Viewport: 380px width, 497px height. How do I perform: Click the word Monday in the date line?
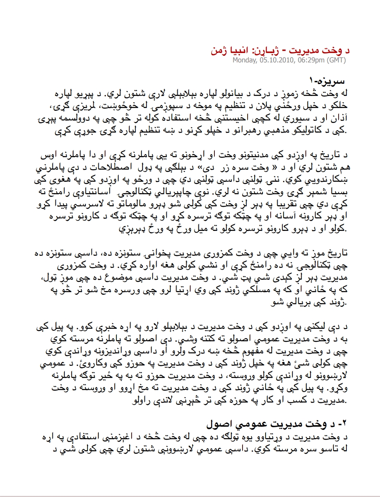tap(244, 60)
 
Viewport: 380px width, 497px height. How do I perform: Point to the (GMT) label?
tap(336, 60)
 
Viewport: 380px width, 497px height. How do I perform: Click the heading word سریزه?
tap(331, 82)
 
